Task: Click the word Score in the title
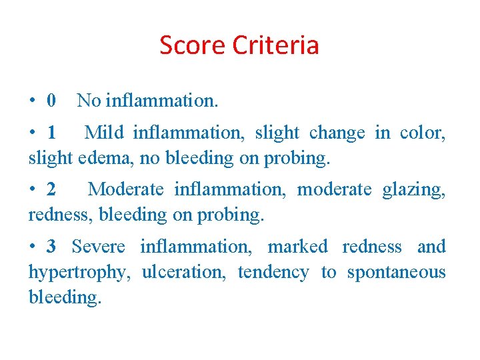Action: coord(192,45)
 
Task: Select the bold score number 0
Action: coord(51,101)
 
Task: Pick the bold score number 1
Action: coord(52,133)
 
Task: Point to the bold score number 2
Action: coord(51,190)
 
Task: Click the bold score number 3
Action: coord(51,247)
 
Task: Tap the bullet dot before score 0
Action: coord(32,102)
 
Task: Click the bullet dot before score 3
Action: coord(32,247)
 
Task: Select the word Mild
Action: coord(104,133)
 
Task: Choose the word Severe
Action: coord(98,247)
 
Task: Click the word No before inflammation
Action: coord(89,101)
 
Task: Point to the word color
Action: coord(423,133)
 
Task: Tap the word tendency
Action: coord(273,273)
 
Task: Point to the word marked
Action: coord(297,247)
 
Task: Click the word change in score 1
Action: coord(337,133)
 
